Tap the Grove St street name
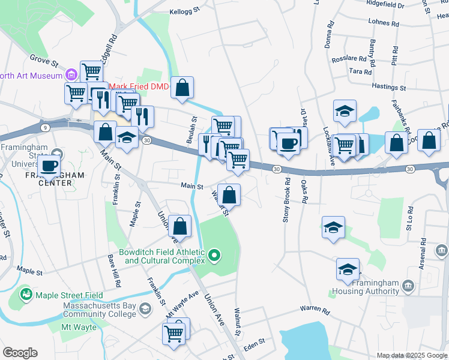pos(45,61)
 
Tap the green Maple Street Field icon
pos(26,295)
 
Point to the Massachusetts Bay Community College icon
pos(145,309)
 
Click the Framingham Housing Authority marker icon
pos(409,286)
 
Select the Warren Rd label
pos(315,311)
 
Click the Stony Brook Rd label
pos(287,200)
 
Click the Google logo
pos(20,353)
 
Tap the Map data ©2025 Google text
pos(411,355)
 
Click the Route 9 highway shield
pos(45,127)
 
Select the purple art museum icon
pos(71,75)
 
